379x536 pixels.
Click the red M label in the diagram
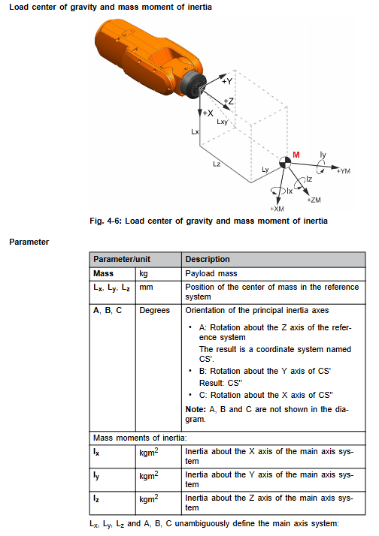[296, 155]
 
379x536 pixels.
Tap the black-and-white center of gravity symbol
[284, 163]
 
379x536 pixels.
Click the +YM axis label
[344, 171]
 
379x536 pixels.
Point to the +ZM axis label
[314, 200]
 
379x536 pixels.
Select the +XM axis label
[277, 209]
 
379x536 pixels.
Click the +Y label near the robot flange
[227, 81]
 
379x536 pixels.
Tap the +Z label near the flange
[229, 101]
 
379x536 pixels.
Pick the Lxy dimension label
[222, 122]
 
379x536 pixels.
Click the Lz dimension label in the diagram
[217, 164]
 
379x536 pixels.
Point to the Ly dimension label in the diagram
[265, 170]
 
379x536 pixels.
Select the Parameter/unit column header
[122, 259]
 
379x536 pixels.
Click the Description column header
[208, 259]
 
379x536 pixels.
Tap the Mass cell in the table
[103, 273]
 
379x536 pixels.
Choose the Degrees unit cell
[154, 310]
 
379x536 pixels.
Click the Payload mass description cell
[211, 273]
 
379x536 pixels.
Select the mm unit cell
[146, 288]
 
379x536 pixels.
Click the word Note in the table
[196, 409]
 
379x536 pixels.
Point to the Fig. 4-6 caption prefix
[105, 221]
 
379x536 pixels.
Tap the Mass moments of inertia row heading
[140, 438]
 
